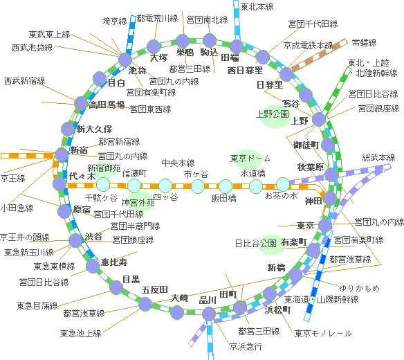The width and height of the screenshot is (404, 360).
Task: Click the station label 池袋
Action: pos(137,70)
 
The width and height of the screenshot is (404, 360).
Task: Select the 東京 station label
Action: pos(305,226)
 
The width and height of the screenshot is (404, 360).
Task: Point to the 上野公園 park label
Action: pos(272,114)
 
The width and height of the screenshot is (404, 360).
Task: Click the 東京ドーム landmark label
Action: pos(246,159)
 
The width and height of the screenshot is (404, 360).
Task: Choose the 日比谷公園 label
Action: pos(255,244)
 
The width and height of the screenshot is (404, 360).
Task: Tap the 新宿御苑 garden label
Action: pos(104,168)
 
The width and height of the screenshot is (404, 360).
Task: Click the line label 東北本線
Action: pos(257,7)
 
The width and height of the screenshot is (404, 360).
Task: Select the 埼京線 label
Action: pos(115,21)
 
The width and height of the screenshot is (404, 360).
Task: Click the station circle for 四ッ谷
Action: pos(165,185)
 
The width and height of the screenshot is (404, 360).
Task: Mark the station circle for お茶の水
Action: pos(282,184)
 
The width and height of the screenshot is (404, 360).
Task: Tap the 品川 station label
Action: pos(208,300)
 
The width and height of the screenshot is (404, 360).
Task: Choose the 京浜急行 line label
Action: pos(246,346)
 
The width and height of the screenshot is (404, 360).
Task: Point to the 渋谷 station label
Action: pos(93,237)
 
